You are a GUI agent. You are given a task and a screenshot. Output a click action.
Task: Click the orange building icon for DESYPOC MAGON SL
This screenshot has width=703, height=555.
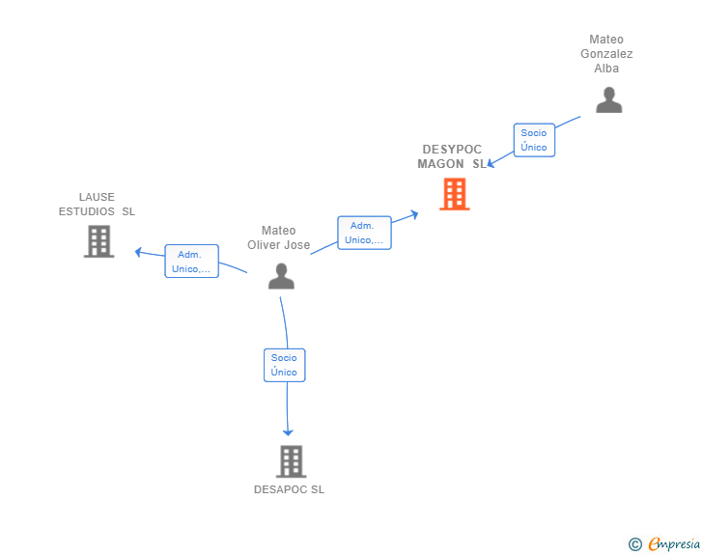pos(455,194)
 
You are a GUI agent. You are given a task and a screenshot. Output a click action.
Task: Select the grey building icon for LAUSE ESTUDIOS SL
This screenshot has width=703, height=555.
pos(99,241)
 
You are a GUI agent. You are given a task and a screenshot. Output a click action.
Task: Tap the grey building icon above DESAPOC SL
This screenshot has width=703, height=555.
pos(291,461)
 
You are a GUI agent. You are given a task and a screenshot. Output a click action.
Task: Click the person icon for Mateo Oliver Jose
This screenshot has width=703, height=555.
pos(281,276)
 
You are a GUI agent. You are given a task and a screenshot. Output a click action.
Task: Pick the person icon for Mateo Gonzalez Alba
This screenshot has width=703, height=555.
pos(608,100)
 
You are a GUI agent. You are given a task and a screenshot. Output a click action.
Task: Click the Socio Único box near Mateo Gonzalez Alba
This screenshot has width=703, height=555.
pos(534,140)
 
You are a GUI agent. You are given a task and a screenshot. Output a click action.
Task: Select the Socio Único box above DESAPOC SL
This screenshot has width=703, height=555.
pos(284,365)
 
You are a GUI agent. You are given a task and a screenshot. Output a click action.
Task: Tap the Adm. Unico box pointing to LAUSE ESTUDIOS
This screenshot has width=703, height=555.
pos(191,261)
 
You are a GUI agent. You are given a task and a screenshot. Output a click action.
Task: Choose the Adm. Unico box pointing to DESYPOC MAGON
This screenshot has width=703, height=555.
pos(364,233)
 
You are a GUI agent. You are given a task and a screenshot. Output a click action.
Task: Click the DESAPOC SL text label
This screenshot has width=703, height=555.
pos(289,489)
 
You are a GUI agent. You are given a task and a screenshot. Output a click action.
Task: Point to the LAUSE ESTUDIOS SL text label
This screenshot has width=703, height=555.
pos(97,204)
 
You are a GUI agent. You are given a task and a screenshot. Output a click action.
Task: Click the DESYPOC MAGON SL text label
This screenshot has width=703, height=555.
pos(452,156)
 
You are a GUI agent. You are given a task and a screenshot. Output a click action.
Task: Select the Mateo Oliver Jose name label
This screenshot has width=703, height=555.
pos(278,237)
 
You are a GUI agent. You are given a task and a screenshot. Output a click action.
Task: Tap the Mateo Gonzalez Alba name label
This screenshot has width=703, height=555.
pos(606,54)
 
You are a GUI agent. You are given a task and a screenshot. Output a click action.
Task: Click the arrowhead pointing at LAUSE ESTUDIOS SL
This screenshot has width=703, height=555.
pos(138,252)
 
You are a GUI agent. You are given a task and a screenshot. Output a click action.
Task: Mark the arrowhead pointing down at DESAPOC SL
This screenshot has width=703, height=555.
pos(288,432)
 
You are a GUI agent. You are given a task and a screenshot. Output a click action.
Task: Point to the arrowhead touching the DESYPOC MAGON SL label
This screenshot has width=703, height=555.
pos(491,163)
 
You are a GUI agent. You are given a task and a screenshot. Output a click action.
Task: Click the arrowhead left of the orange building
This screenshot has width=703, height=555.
pos(414,214)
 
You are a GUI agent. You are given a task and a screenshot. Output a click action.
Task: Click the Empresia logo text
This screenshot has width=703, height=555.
pos(674,543)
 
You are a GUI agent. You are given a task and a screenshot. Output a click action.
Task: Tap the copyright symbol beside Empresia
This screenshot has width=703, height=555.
pos(635,544)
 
